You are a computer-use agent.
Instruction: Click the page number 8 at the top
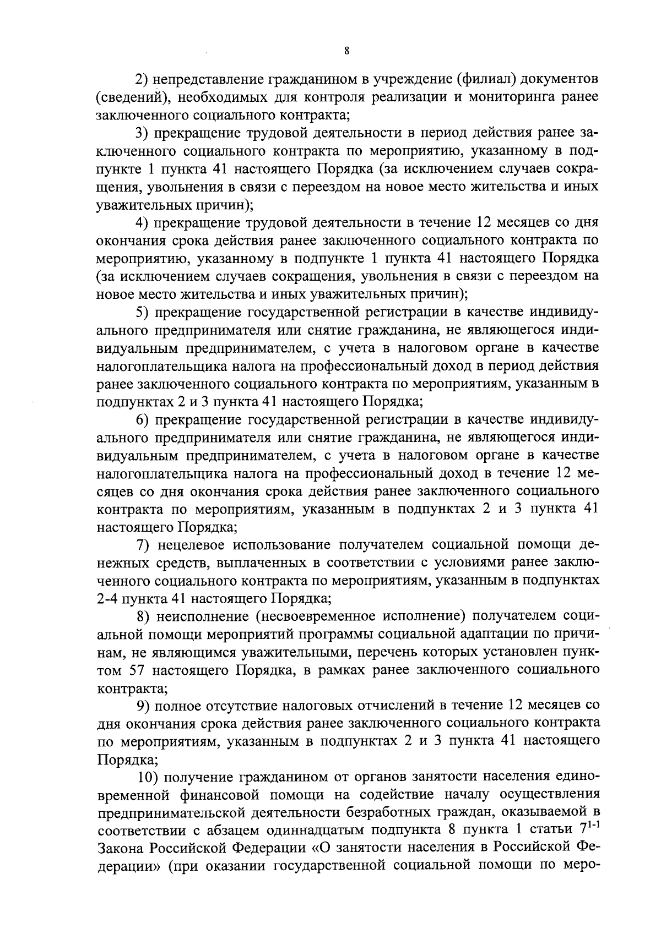(345, 51)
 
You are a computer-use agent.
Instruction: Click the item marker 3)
(143, 133)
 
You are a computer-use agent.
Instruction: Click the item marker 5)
(143, 312)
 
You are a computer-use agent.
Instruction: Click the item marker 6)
(143, 419)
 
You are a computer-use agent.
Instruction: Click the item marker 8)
(143, 616)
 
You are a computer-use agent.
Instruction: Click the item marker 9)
(143, 706)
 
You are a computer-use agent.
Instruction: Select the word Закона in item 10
(118, 848)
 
